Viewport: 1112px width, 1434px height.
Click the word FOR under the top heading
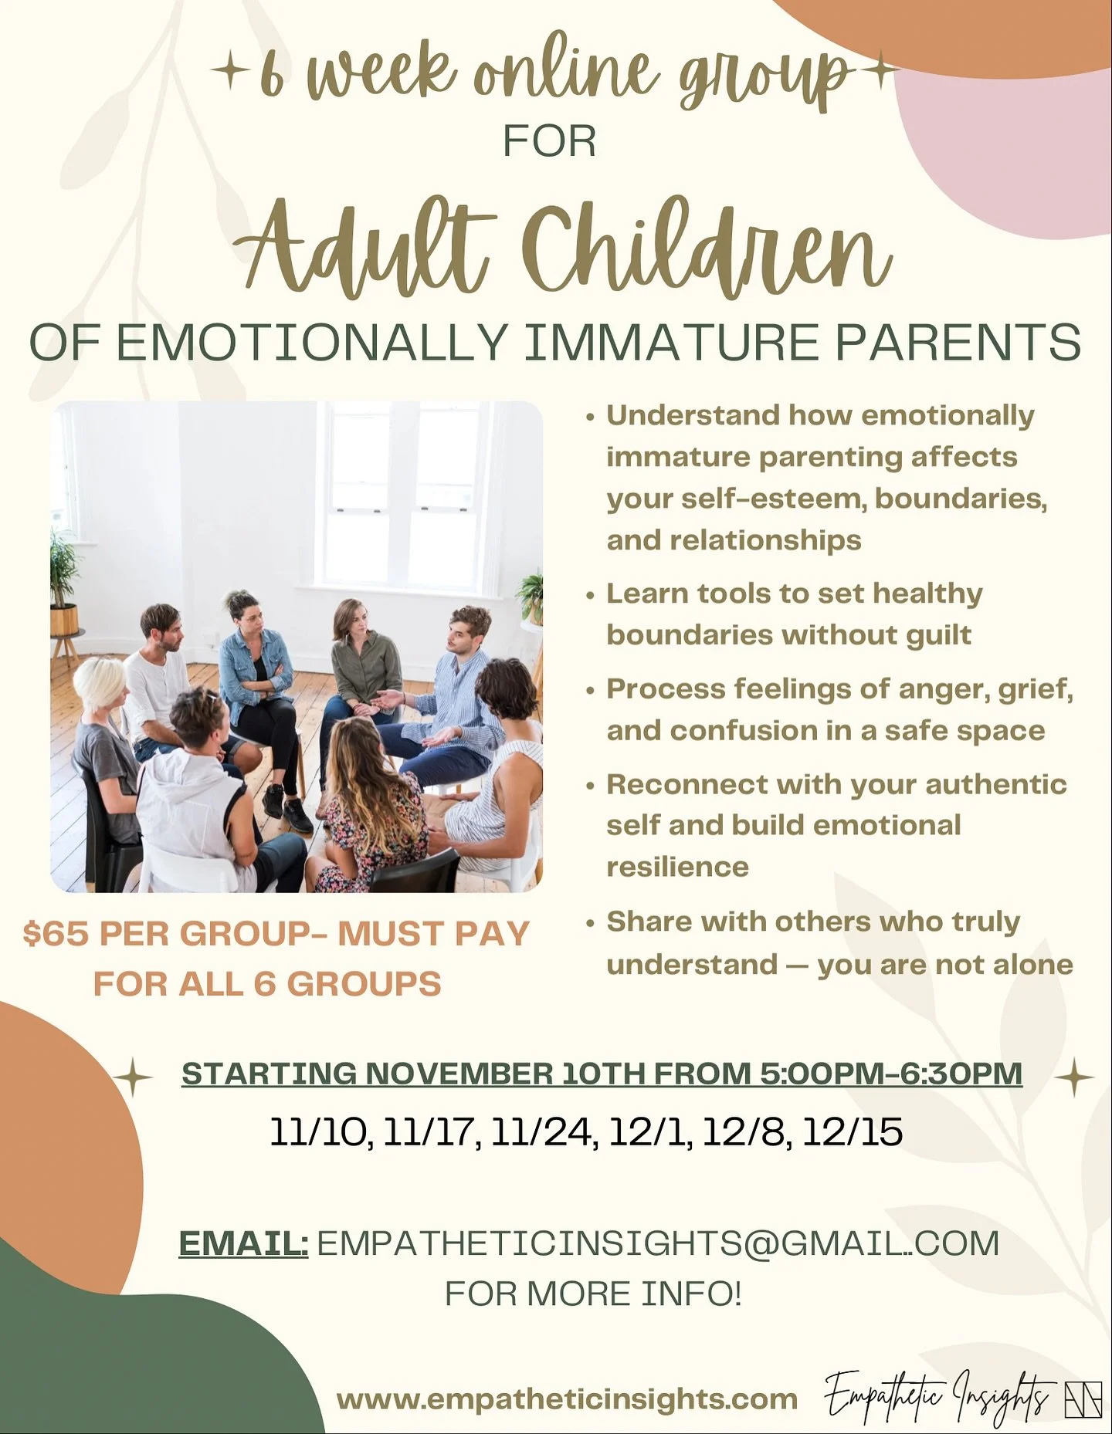549,141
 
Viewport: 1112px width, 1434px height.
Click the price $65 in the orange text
56,934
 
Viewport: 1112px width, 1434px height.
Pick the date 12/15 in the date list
853,1132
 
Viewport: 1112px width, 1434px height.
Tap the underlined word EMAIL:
243,1243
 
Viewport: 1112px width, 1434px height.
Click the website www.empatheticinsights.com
567,1398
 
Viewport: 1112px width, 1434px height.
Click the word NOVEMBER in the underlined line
459,1074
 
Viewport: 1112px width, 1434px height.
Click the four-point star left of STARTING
133,1077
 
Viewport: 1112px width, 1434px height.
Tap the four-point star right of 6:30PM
1074,1077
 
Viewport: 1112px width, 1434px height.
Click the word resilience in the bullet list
677,867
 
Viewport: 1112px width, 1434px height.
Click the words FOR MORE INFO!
593,1293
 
